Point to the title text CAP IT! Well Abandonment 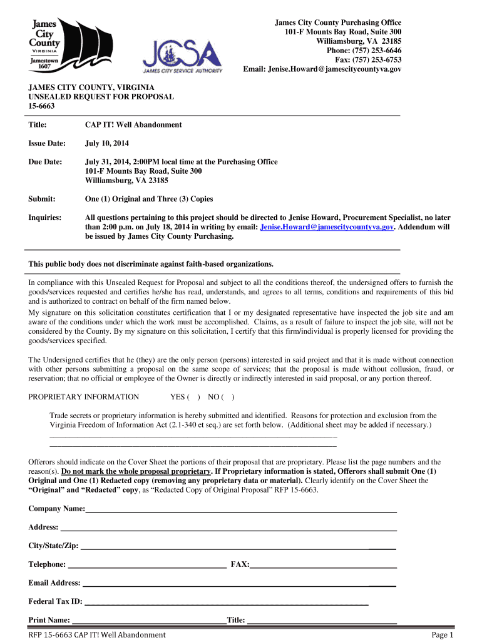[133, 125]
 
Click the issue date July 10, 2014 [107, 144]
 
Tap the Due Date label [45, 162]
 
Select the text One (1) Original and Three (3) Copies [149, 199]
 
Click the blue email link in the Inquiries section [327, 227]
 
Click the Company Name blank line [241, 510]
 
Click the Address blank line [228, 528]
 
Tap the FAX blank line [323, 565]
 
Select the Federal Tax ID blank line [225, 602]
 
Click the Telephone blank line [147, 565]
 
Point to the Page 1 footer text [442, 635]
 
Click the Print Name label [49, 621]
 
